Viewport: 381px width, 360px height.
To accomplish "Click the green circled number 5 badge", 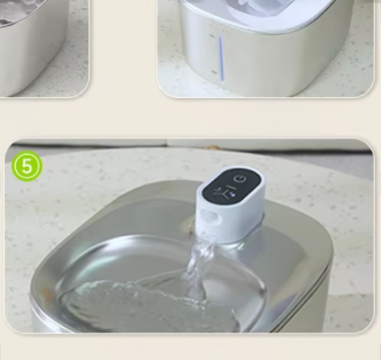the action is pos(27,167).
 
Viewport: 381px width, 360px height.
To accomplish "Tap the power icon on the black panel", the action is pos(241,179).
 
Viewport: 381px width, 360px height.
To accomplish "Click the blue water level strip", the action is pos(221,59).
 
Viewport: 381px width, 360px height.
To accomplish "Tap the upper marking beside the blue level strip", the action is pos(213,37).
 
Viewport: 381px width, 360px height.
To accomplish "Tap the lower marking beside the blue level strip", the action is pos(214,72).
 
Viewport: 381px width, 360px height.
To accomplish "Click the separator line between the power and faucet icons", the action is pos(233,187).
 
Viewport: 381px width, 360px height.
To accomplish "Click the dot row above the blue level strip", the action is pos(220,28).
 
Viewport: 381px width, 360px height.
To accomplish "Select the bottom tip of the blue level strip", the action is pos(222,82).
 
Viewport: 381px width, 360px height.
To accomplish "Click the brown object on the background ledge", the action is pos(213,147).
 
